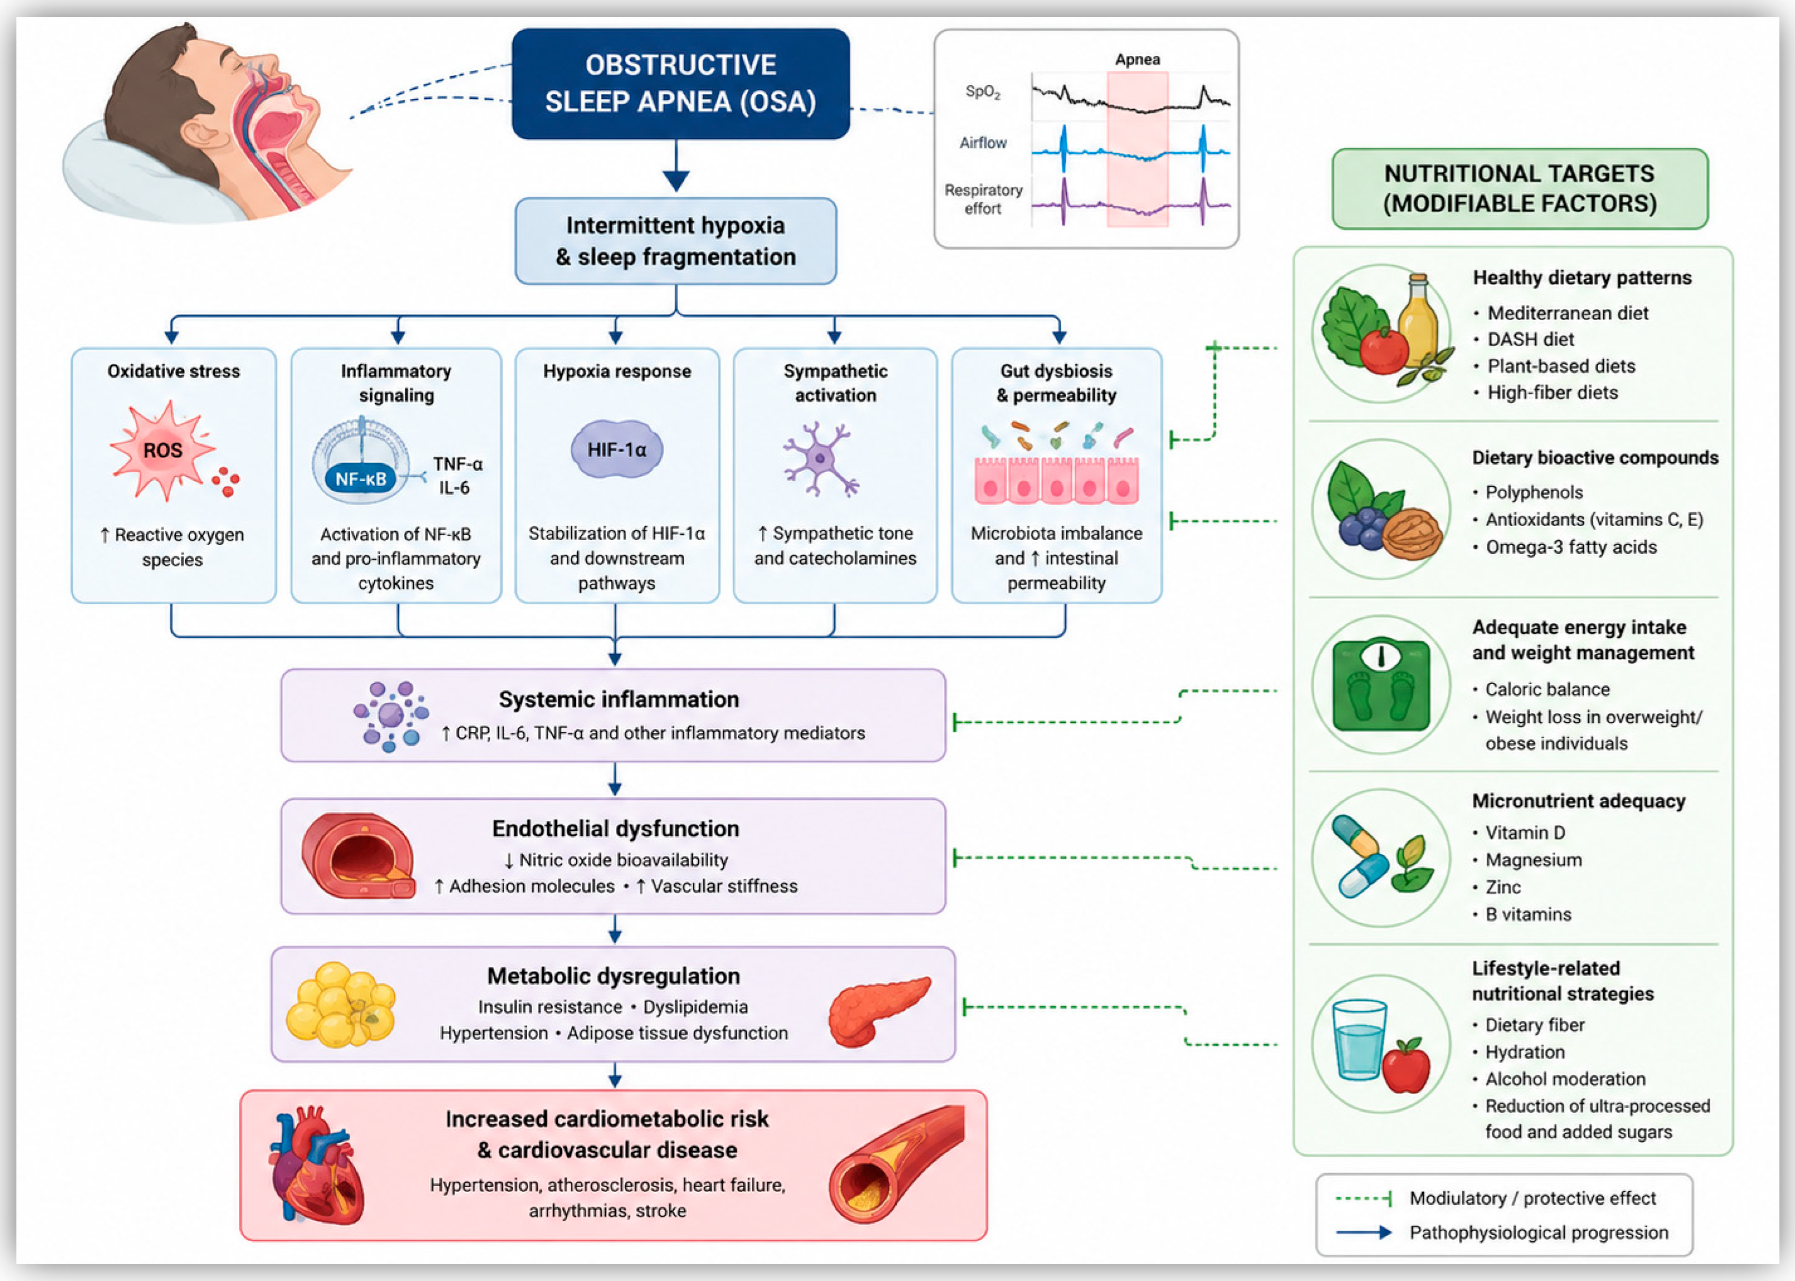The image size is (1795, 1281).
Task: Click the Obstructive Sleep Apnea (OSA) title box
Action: pyautogui.click(x=680, y=83)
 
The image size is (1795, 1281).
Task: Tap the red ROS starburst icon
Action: pyautogui.click(x=162, y=450)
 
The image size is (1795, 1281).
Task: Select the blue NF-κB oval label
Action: pyautogui.click(x=361, y=479)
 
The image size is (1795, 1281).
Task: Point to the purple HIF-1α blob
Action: pyautogui.click(x=616, y=450)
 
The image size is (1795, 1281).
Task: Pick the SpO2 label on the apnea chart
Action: pyautogui.click(x=983, y=92)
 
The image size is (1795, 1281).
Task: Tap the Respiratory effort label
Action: pyautogui.click(x=983, y=199)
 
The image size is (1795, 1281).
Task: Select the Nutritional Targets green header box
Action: pyautogui.click(x=1520, y=189)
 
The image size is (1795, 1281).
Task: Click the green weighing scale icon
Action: pyautogui.click(x=1381, y=684)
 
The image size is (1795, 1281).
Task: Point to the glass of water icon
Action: pyautogui.click(x=1358, y=1040)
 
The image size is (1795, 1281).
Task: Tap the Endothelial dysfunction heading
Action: pyautogui.click(x=615, y=828)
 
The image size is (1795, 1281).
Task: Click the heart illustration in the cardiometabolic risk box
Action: pyautogui.click(x=317, y=1164)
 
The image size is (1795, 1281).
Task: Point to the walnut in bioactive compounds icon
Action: pyautogui.click(x=1411, y=533)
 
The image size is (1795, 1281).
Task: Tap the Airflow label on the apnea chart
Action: pyautogui.click(x=983, y=143)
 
